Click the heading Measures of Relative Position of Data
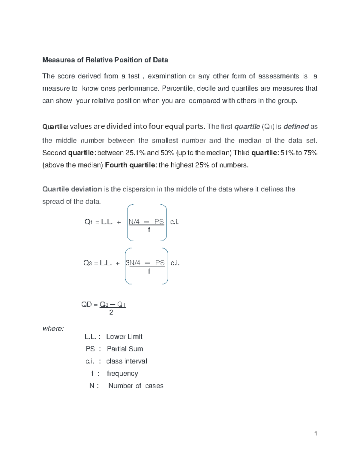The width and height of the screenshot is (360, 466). [105, 60]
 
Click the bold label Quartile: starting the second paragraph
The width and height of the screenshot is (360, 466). [55, 127]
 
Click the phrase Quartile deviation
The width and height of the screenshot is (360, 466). [72, 189]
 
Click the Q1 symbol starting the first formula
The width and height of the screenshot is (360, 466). [88, 222]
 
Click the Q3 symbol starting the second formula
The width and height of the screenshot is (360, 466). [87, 263]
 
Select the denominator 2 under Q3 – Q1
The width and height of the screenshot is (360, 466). [111, 313]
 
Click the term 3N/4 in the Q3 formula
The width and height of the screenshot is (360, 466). [133, 263]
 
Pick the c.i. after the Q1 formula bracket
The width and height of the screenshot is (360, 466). [174, 222]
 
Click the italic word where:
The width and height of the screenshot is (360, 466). [53, 329]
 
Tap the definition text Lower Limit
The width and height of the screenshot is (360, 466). [124, 337]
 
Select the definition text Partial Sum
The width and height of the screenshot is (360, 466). [125, 349]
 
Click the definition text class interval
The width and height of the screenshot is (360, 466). [127, 361]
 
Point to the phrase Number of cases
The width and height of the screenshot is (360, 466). [136, 386]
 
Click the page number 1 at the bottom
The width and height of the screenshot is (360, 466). [316, 434]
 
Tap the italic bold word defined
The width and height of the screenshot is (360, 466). [296, 127]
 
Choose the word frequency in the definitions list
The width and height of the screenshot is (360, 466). [122, 374]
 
